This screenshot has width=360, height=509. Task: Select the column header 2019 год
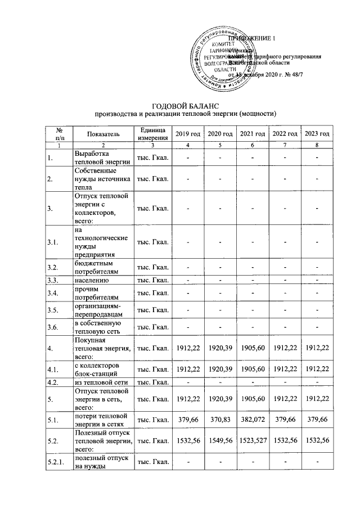tap(188, 133)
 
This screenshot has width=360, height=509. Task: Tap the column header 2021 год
tap(252, 133)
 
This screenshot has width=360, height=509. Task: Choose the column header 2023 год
tap(317, 133)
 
